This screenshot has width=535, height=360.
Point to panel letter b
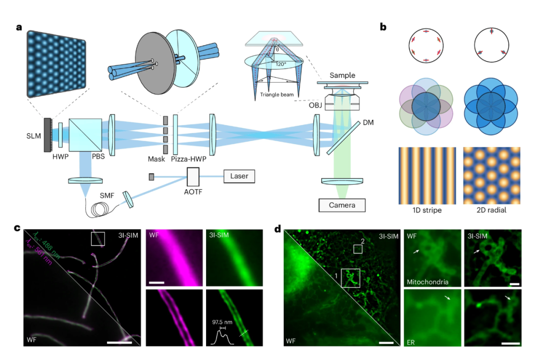point(383,28)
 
